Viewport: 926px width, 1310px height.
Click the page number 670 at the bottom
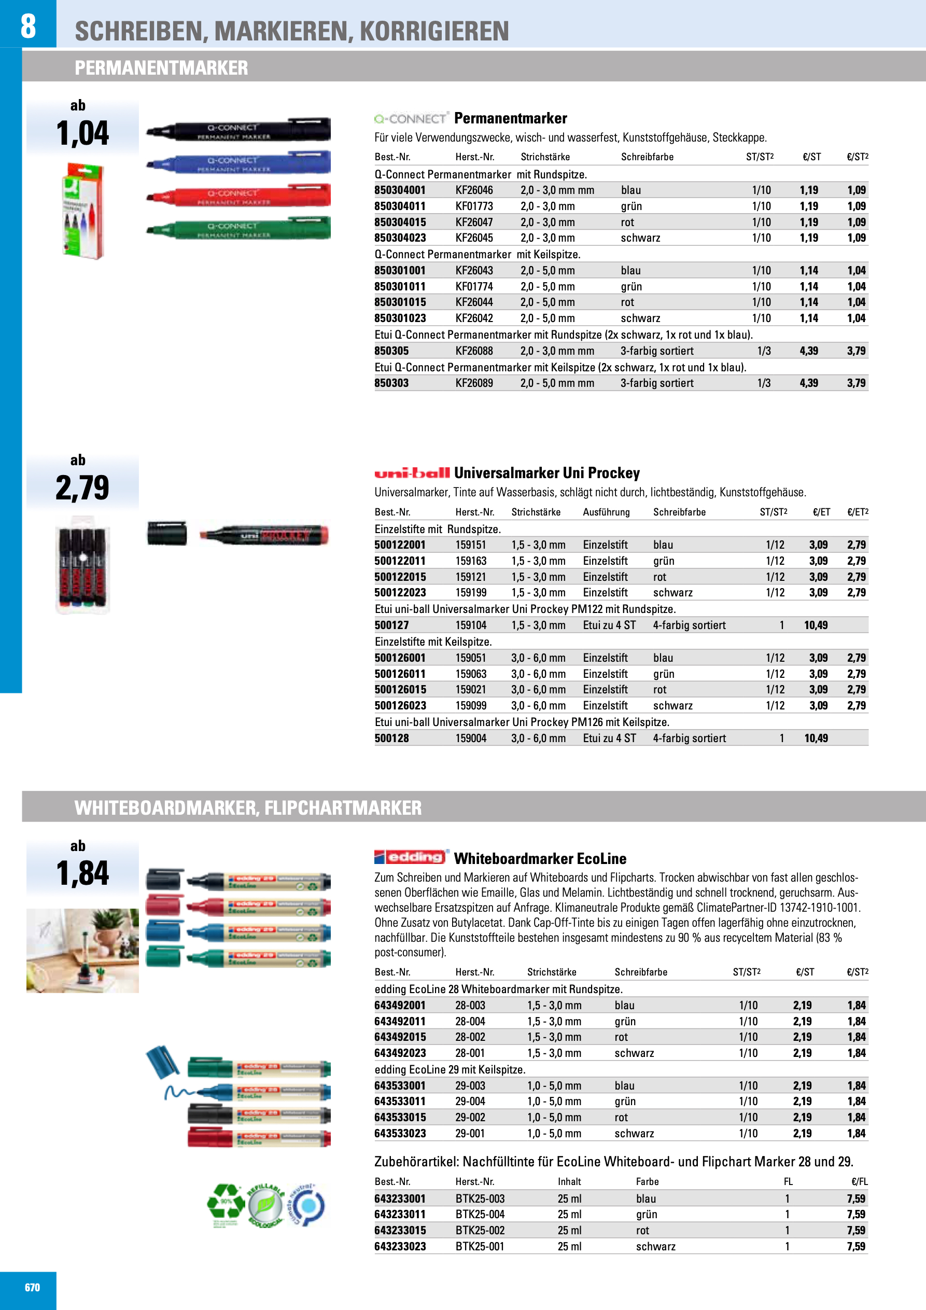point(32,1287)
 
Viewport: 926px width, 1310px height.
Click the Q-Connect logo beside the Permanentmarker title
point(411,119)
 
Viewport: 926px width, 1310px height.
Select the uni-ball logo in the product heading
point(411,473)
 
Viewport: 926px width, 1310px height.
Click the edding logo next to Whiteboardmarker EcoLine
point(411,857)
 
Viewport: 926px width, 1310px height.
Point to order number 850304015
point(400,222)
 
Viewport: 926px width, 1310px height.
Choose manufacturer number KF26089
point(473,383)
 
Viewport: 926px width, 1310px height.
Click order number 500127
point(391,625)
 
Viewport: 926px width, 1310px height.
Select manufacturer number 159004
point(471,738)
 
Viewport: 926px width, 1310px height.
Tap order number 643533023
point(400,1133)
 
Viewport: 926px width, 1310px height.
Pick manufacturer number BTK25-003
point(480,1198)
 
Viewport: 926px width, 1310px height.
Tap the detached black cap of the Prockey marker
point(166,534)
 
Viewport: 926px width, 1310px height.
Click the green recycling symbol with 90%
point(226,1204)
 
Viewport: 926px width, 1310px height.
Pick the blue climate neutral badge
point(307,1206)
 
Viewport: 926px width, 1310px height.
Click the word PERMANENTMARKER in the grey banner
point(161,68)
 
